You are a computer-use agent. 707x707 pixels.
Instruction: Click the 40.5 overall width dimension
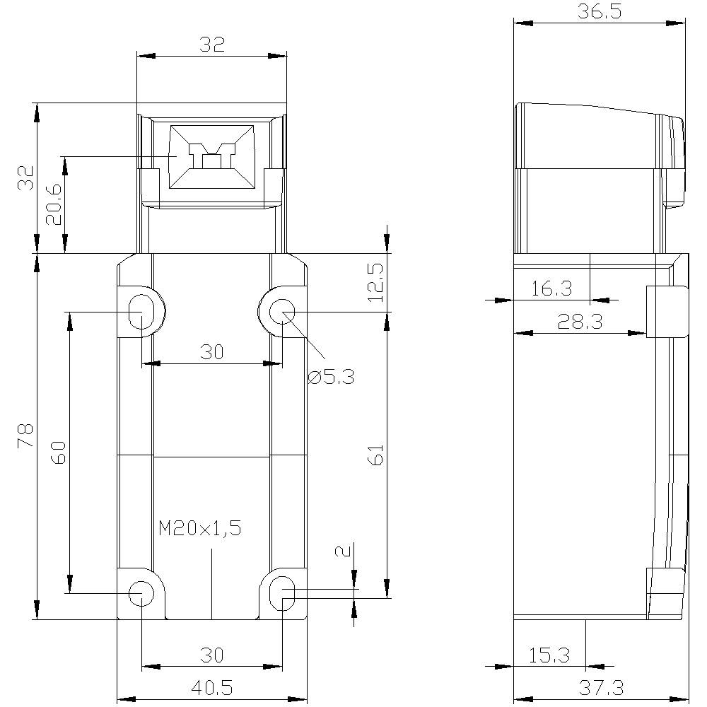(211, 687)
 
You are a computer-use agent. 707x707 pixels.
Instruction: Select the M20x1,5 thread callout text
(200, 528)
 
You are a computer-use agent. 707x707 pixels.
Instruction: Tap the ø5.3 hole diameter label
(331, 377)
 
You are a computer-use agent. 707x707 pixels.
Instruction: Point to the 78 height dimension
(24, 436)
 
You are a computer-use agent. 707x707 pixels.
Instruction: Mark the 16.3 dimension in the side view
(551, 288)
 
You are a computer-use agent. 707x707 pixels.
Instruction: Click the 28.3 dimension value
(579, 322)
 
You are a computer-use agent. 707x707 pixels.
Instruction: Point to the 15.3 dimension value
(549, 655)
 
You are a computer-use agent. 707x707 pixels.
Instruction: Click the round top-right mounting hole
(283, 310)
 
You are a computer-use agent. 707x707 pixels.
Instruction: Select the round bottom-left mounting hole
(141, 592)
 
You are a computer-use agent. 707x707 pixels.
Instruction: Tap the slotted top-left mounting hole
(141, 310)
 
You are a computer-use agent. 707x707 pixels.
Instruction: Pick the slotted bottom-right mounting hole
(283, 592)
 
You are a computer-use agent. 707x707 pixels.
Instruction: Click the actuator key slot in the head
(211, 158)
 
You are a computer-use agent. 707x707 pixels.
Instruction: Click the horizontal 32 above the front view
(211, 45)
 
